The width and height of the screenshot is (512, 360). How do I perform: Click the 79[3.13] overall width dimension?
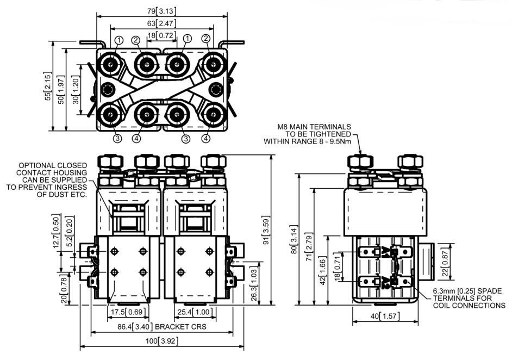pyautogui.click(x=161, y=11)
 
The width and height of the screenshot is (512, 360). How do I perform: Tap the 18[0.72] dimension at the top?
pyautogui.click(x=161, y=36)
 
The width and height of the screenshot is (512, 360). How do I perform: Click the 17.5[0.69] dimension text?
pyautogui.click(x=128, y=313)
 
